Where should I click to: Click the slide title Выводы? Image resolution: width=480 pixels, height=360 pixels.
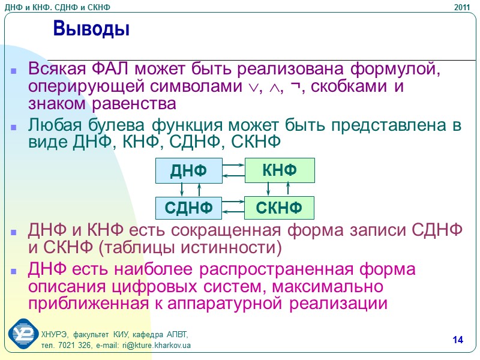(x=91, y=28)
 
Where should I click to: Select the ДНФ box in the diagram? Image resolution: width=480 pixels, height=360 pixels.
(x=188, y=171)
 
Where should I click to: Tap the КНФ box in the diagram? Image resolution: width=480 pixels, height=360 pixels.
(x=280, y=170)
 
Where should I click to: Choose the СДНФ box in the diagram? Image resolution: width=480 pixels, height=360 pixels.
(x=188, y=208)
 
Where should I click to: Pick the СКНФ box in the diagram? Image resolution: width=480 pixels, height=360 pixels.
(x=278, y=208)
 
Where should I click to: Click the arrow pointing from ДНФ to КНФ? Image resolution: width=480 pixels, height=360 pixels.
(x=233, y=164)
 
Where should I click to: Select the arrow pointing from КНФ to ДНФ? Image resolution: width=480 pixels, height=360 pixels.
(x=233, y=176)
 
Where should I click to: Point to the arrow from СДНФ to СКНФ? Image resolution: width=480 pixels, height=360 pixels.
(x=233, y=202)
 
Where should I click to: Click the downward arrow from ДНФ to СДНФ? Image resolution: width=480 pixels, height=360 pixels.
(x=181, y=190)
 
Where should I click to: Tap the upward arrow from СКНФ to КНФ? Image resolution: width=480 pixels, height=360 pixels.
(x=289, y=188)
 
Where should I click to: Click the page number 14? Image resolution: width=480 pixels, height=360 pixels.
(x=458, y=341)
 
